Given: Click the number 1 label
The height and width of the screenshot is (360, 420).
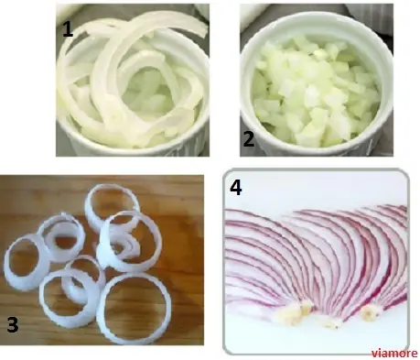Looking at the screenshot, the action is pos(68,29).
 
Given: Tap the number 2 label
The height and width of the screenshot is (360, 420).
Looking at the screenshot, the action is pos(249,139).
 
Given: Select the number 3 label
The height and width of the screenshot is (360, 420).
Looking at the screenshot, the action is pos(13,324).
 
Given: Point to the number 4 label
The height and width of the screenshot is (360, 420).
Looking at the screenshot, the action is pos(236,187).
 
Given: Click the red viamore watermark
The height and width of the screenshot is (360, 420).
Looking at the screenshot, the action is pos(394,353).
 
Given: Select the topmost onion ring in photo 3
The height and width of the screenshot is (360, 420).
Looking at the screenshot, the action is pos(89,208).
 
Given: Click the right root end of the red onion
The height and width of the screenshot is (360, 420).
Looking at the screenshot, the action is pos(370,312).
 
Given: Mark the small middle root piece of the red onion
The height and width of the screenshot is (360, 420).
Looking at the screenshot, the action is pos(332,324).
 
